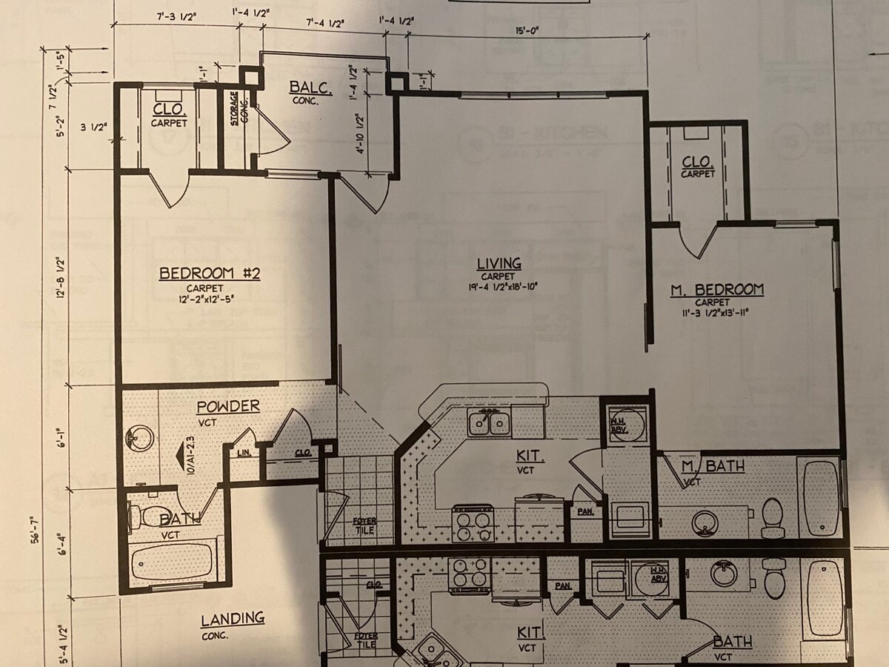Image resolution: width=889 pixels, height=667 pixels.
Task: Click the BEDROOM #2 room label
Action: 210,274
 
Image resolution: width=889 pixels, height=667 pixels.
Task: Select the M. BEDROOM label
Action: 717,290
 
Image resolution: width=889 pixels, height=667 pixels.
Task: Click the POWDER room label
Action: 227,407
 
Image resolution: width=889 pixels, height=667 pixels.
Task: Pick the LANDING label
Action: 233,618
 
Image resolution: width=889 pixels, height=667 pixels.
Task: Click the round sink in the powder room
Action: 140,439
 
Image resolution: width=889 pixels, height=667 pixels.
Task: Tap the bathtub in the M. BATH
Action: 821,497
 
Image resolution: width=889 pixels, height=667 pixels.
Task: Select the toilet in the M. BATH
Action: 772,516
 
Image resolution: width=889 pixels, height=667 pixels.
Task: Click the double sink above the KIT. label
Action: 489,422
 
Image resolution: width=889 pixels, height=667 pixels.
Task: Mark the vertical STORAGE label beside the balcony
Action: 234,108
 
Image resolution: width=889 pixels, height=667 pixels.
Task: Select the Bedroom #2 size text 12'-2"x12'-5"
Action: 210,298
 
